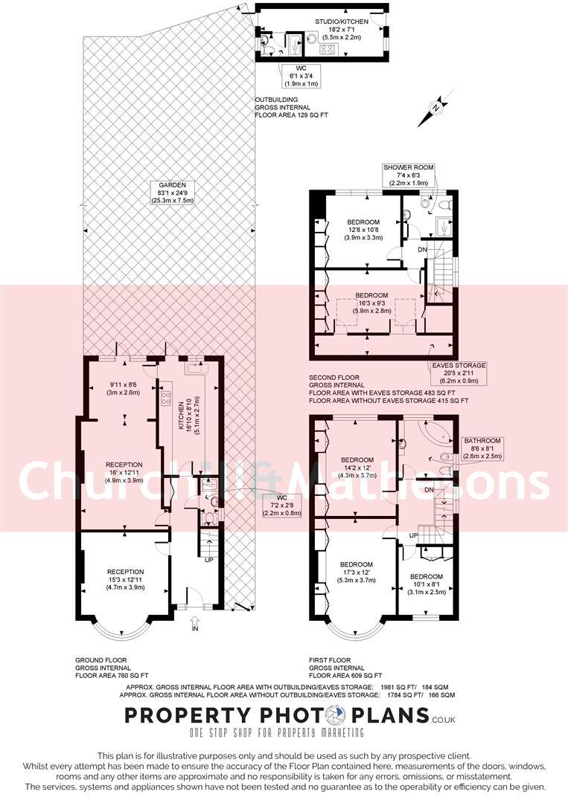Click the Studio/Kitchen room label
[342, 30]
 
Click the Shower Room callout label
[409, 175]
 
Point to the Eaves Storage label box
[459, 373]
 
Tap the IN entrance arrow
[194, 623]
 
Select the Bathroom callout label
[482, 448]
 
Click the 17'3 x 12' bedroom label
[357, 572]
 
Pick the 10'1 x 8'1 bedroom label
[426, 584]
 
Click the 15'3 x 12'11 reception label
[125, 579]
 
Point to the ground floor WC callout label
[282, 506]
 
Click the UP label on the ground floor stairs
[208, 560]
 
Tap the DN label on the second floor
[422, 249]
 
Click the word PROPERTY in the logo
[188, 715]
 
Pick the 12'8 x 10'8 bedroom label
[363, 229]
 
